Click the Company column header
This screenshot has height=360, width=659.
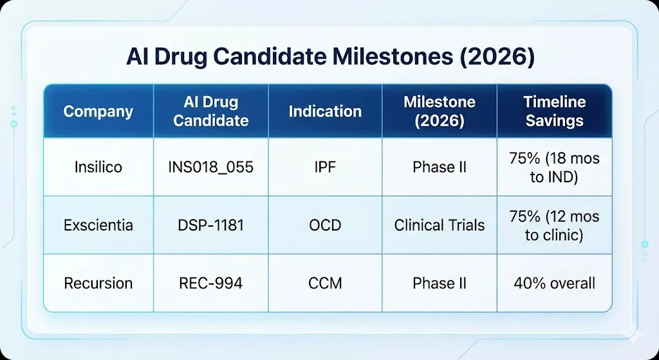click(98, 111)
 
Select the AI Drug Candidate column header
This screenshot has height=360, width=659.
click(211, 111)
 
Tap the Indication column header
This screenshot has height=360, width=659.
click(325, 111)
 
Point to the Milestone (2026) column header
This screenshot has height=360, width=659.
click(440, 111)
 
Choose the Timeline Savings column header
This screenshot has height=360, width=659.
click(554, 111)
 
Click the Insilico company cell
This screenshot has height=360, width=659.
click(98, 167)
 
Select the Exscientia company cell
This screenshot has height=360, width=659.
click(98, 225)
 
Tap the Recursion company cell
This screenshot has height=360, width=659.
click(98, 283)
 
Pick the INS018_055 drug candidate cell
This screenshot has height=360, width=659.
click(211, 167)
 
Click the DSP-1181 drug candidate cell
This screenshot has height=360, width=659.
click(211, 225)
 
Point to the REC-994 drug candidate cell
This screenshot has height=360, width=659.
click(211, 283)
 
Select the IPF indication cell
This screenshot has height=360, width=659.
click(325, 167)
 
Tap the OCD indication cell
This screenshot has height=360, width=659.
click(325, 225)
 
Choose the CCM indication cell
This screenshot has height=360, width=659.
click(325, 283)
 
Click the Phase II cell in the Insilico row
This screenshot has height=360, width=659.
click(440, 167)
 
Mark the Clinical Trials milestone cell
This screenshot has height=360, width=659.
click(440, 225)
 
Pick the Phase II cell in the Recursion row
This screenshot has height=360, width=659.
click(440, 283)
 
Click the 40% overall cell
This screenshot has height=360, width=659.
click(554, 283)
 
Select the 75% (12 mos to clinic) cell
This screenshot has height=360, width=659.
click(554, 225)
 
